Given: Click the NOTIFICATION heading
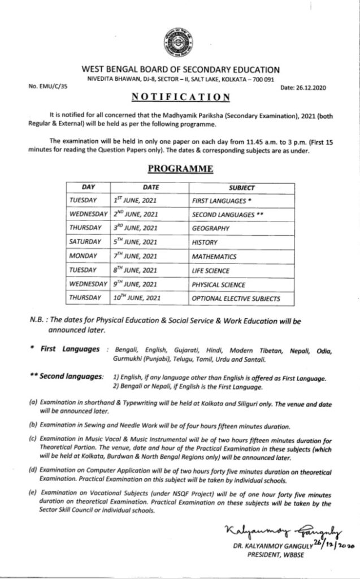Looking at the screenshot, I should pyautogui.click(x=180, y=97).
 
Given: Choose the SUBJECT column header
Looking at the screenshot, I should pyautogui.click(x=241, y=187).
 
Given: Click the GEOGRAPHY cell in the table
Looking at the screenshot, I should pyautogui.click(x=210, y=228).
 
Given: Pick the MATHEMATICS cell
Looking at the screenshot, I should pyautogui.click(x=215, y=256).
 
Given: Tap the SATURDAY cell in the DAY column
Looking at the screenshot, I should pyautogui.click(x=85, y=242).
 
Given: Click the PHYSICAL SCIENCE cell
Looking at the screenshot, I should pyautogui.click(x=219, y=284).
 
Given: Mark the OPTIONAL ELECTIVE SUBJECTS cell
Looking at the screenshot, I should pyautogui.click(x=235, y=298).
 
